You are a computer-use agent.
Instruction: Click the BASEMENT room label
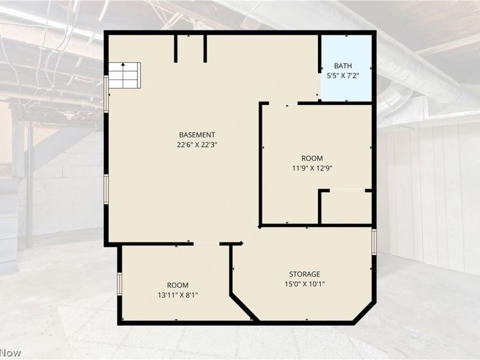(197, 134)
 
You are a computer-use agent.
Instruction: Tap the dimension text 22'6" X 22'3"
(197, 145)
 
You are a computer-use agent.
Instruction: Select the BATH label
(343, 66)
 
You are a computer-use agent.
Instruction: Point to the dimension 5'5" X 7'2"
(343, 76)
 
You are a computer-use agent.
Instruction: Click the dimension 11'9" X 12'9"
(312, 168)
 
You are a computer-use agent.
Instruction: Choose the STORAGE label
(305, 274)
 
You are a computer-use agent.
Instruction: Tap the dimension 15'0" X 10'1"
(305, 284)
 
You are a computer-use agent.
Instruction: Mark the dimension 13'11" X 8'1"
(178, 295)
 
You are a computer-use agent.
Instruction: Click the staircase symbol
(125, 76)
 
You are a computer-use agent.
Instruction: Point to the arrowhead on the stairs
(123, 64)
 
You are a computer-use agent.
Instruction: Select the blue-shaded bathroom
(347, 68)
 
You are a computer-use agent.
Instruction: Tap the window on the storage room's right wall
(374, 242)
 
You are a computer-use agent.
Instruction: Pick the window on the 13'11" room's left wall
(119, 284)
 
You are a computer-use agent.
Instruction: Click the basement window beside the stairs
(106, 94)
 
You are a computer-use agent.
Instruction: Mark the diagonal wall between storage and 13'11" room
(244, 308)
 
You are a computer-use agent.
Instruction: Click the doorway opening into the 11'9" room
(283, 104)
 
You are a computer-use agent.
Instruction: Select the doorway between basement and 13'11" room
(206, 244)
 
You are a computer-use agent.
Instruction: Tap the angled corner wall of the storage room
(364, 312)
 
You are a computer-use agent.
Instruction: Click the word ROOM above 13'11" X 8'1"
(178, 286)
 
